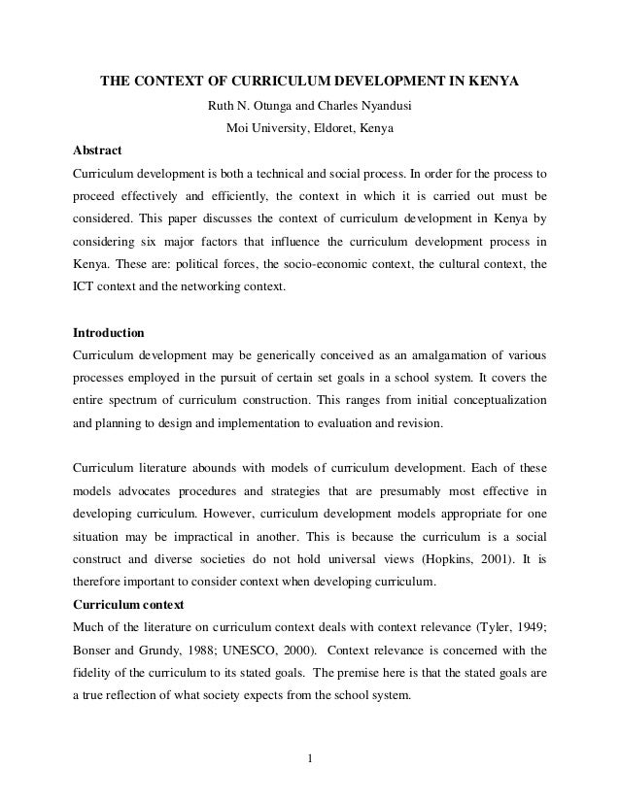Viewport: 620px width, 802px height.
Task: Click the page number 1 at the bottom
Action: tap(310, 758)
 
